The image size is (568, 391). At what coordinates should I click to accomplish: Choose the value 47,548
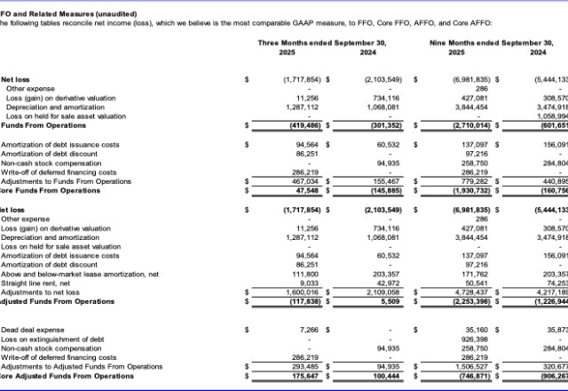[308, 191]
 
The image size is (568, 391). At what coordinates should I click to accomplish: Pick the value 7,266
[311, 329]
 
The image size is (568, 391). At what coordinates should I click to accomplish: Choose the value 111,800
[307, 275]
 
